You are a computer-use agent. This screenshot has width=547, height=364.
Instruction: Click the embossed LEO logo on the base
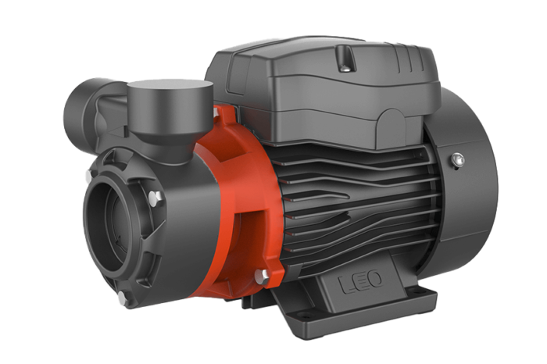click(361, 281)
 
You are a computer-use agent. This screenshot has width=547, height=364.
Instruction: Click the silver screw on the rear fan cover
click(457, 159)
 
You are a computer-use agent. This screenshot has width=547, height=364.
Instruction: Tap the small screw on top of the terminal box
click(345, 68)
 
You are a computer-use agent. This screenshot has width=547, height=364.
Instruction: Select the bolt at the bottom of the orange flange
click(261, 277)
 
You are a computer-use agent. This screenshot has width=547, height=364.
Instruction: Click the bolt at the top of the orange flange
click(216, 112)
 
